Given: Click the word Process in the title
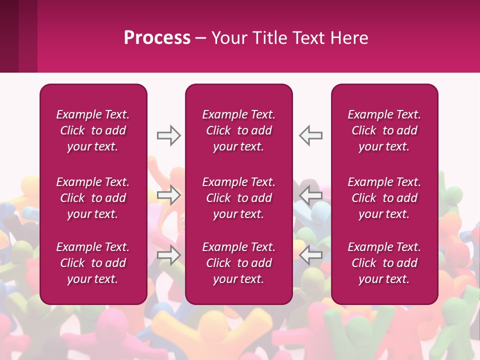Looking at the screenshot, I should point(157,38).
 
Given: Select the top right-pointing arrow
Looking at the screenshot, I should point(168,135).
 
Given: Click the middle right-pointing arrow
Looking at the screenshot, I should point(168,195).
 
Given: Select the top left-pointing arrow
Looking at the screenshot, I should point(311,135).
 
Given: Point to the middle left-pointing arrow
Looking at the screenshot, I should point(311,195).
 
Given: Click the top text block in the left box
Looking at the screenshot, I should point(93,130).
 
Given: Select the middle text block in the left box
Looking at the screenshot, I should point(93,198).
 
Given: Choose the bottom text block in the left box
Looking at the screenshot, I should point(93,263).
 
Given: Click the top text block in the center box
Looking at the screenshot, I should point(238,130).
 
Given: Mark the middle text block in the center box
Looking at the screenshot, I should point(238,198).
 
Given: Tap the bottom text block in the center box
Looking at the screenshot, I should point(238,263).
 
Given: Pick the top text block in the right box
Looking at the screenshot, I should point(384,130).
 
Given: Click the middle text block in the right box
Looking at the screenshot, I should point(384,198).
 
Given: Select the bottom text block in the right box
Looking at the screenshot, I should point(384,263).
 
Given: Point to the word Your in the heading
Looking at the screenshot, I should point(228,38).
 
